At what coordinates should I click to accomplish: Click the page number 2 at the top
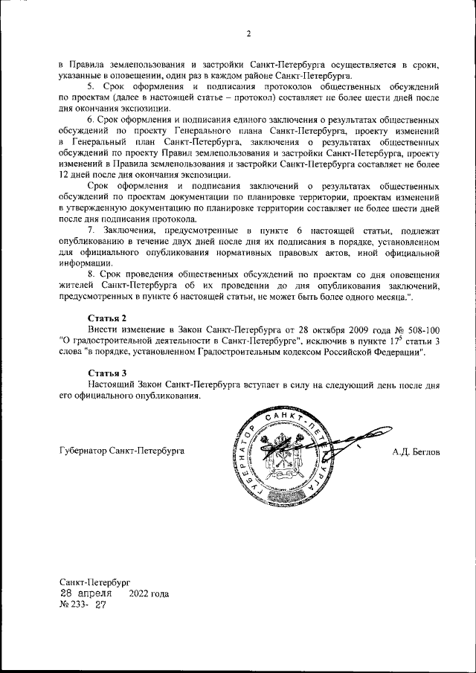248,33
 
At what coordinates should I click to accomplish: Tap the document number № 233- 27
83,606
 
